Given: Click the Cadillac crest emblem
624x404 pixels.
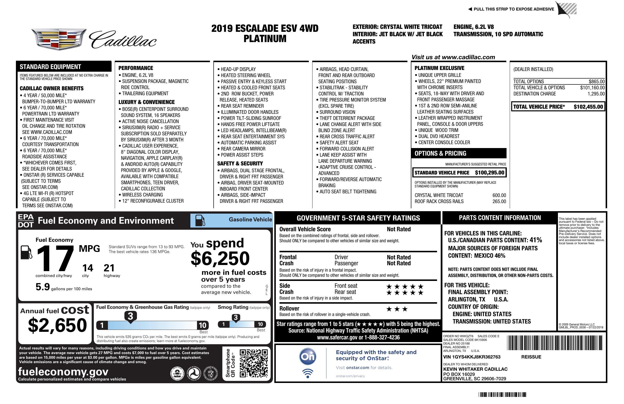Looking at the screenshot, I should click(59, 39).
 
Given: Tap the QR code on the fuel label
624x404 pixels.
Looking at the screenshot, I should click(254, 363).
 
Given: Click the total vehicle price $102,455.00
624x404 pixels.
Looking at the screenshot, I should click(588, 107).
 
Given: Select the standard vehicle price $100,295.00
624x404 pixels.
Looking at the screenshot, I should click(489, 173).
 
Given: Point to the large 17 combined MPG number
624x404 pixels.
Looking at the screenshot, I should click(55, 258).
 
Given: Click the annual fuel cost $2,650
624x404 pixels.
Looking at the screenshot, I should click(57, 325).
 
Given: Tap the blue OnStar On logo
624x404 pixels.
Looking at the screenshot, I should click(308, 357).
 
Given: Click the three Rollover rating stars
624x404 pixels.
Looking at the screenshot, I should click(397, 309).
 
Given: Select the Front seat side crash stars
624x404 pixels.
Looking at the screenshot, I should click(405, 286).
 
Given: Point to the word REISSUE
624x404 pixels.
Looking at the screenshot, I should click(531, 357).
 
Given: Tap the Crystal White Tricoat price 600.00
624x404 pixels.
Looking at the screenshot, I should click(499, 195).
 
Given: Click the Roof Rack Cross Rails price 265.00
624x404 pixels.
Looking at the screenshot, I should click(499, 201).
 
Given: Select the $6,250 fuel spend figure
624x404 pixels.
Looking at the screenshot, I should click(220, 258).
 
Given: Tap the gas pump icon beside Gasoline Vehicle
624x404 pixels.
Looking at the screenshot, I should click(200, 220).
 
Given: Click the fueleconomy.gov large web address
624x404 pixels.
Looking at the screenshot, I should click(63, 371).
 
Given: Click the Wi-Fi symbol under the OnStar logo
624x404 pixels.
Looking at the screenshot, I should click(308, 373).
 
